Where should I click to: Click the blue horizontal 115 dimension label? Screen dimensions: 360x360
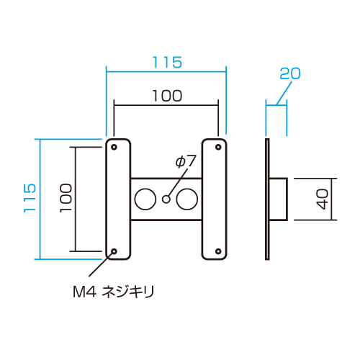(167, 63)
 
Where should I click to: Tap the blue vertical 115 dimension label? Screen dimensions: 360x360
(30, 198)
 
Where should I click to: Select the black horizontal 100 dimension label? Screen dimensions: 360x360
(167, 96)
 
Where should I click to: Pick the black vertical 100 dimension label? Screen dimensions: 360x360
(66, 198)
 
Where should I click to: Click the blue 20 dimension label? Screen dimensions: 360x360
(290, 73)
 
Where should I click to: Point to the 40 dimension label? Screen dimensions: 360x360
(322, 199)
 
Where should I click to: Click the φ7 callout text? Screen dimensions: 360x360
(186, 161)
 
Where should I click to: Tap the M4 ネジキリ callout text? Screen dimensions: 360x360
(114, 292)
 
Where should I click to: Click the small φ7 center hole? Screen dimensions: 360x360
(166, 199)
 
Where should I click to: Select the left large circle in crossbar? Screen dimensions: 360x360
(145, 199)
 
